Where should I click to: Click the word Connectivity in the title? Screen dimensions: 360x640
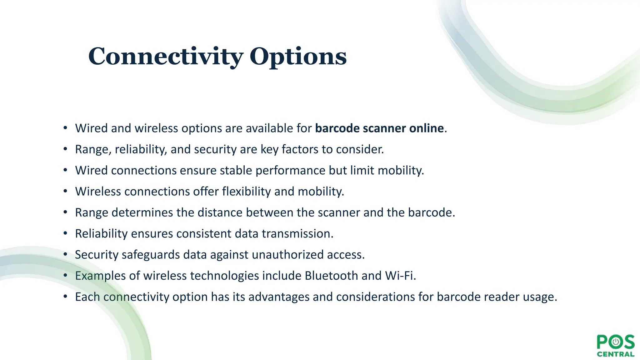[x=166, y=57]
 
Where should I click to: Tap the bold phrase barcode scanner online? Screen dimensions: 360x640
[x=379, y=128]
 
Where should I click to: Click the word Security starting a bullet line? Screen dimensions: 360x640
[x=97, y=255]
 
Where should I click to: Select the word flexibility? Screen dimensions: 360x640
[x=246, y=192]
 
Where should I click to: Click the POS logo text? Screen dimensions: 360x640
[x=615, y=342]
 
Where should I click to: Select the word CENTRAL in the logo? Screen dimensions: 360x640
[x=615, y=354]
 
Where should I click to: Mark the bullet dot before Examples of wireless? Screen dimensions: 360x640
[x=65, y=276]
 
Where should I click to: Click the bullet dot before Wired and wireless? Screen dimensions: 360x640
[x=65, y=128]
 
